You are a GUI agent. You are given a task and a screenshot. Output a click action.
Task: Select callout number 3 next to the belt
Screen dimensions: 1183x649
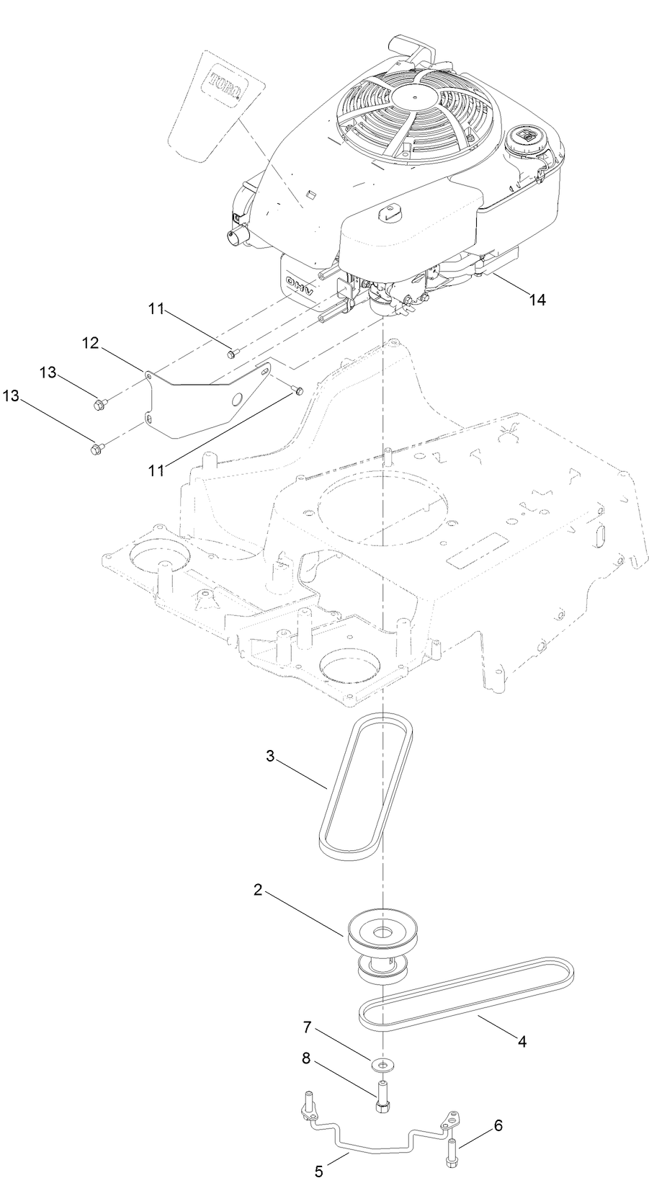coord(270,756)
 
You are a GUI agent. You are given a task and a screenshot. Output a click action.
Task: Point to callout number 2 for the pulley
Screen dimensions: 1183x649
coord(258,890)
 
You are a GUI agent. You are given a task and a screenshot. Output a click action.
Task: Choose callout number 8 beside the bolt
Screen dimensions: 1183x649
coord(306,1059)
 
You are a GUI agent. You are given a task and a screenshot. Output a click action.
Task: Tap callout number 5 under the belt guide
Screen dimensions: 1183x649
coord(319,1172)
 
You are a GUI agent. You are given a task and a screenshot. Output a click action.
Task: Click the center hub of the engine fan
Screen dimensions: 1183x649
coord(416,94)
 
